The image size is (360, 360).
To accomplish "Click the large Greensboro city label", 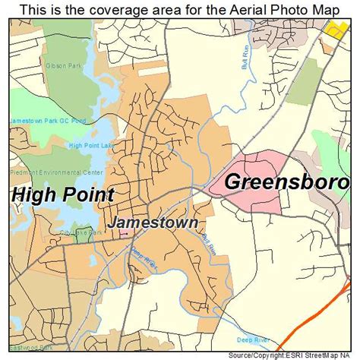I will tap(287, 183).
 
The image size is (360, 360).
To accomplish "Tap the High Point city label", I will tap(62, 194).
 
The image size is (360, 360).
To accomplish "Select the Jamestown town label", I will tap(153, 223).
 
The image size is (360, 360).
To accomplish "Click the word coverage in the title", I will tap(120, 8).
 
